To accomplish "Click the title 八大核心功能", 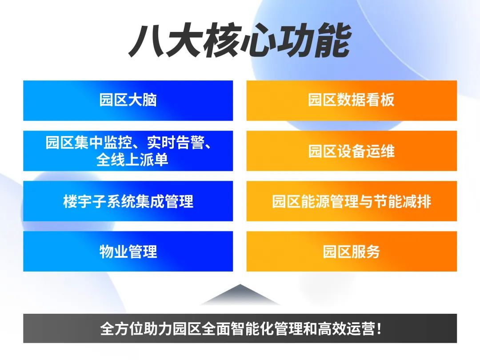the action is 240,41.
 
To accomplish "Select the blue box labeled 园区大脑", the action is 128,100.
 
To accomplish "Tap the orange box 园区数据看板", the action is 352,100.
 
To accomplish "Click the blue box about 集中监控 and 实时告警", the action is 128,151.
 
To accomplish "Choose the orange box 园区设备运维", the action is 352,151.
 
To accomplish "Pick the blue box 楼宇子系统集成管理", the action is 128,201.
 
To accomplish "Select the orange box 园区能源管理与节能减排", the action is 352,201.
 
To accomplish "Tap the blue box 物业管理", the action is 128,251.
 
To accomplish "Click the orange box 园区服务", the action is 352,251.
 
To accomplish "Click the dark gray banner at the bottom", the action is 240,328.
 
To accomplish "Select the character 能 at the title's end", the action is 333,41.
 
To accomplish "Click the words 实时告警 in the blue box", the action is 176,142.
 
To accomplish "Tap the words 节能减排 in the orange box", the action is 402,201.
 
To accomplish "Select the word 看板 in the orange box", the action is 380,100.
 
